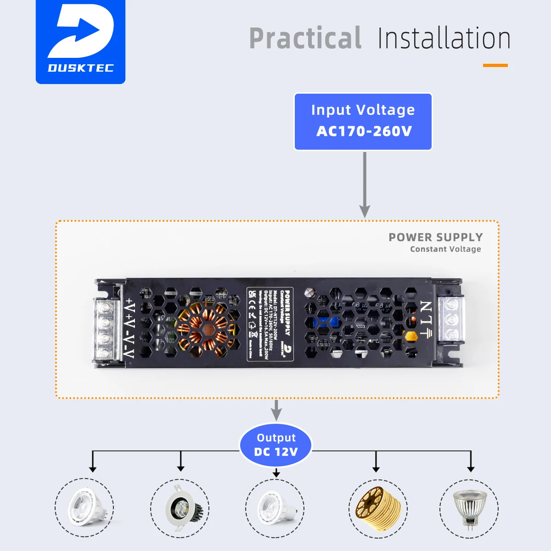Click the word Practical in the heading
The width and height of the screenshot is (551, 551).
[x=305, y=39]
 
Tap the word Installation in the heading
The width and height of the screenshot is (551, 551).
[x=444, y=39]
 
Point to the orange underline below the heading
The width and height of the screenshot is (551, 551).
[x=495, y=66]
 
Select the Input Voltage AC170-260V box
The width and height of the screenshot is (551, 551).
[x=363, y=122]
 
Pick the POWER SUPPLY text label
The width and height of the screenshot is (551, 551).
[x=435, y=237]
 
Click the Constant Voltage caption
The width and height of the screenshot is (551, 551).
[x=445, y=249]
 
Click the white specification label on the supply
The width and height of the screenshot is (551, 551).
[x=270, y=324]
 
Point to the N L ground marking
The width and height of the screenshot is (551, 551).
[x=427, y=319]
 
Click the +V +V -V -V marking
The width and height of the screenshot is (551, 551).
[x=129, y=329]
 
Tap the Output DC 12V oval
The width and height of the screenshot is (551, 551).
[x=275, y=445]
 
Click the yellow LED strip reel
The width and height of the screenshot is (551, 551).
[x=377, y=508]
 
